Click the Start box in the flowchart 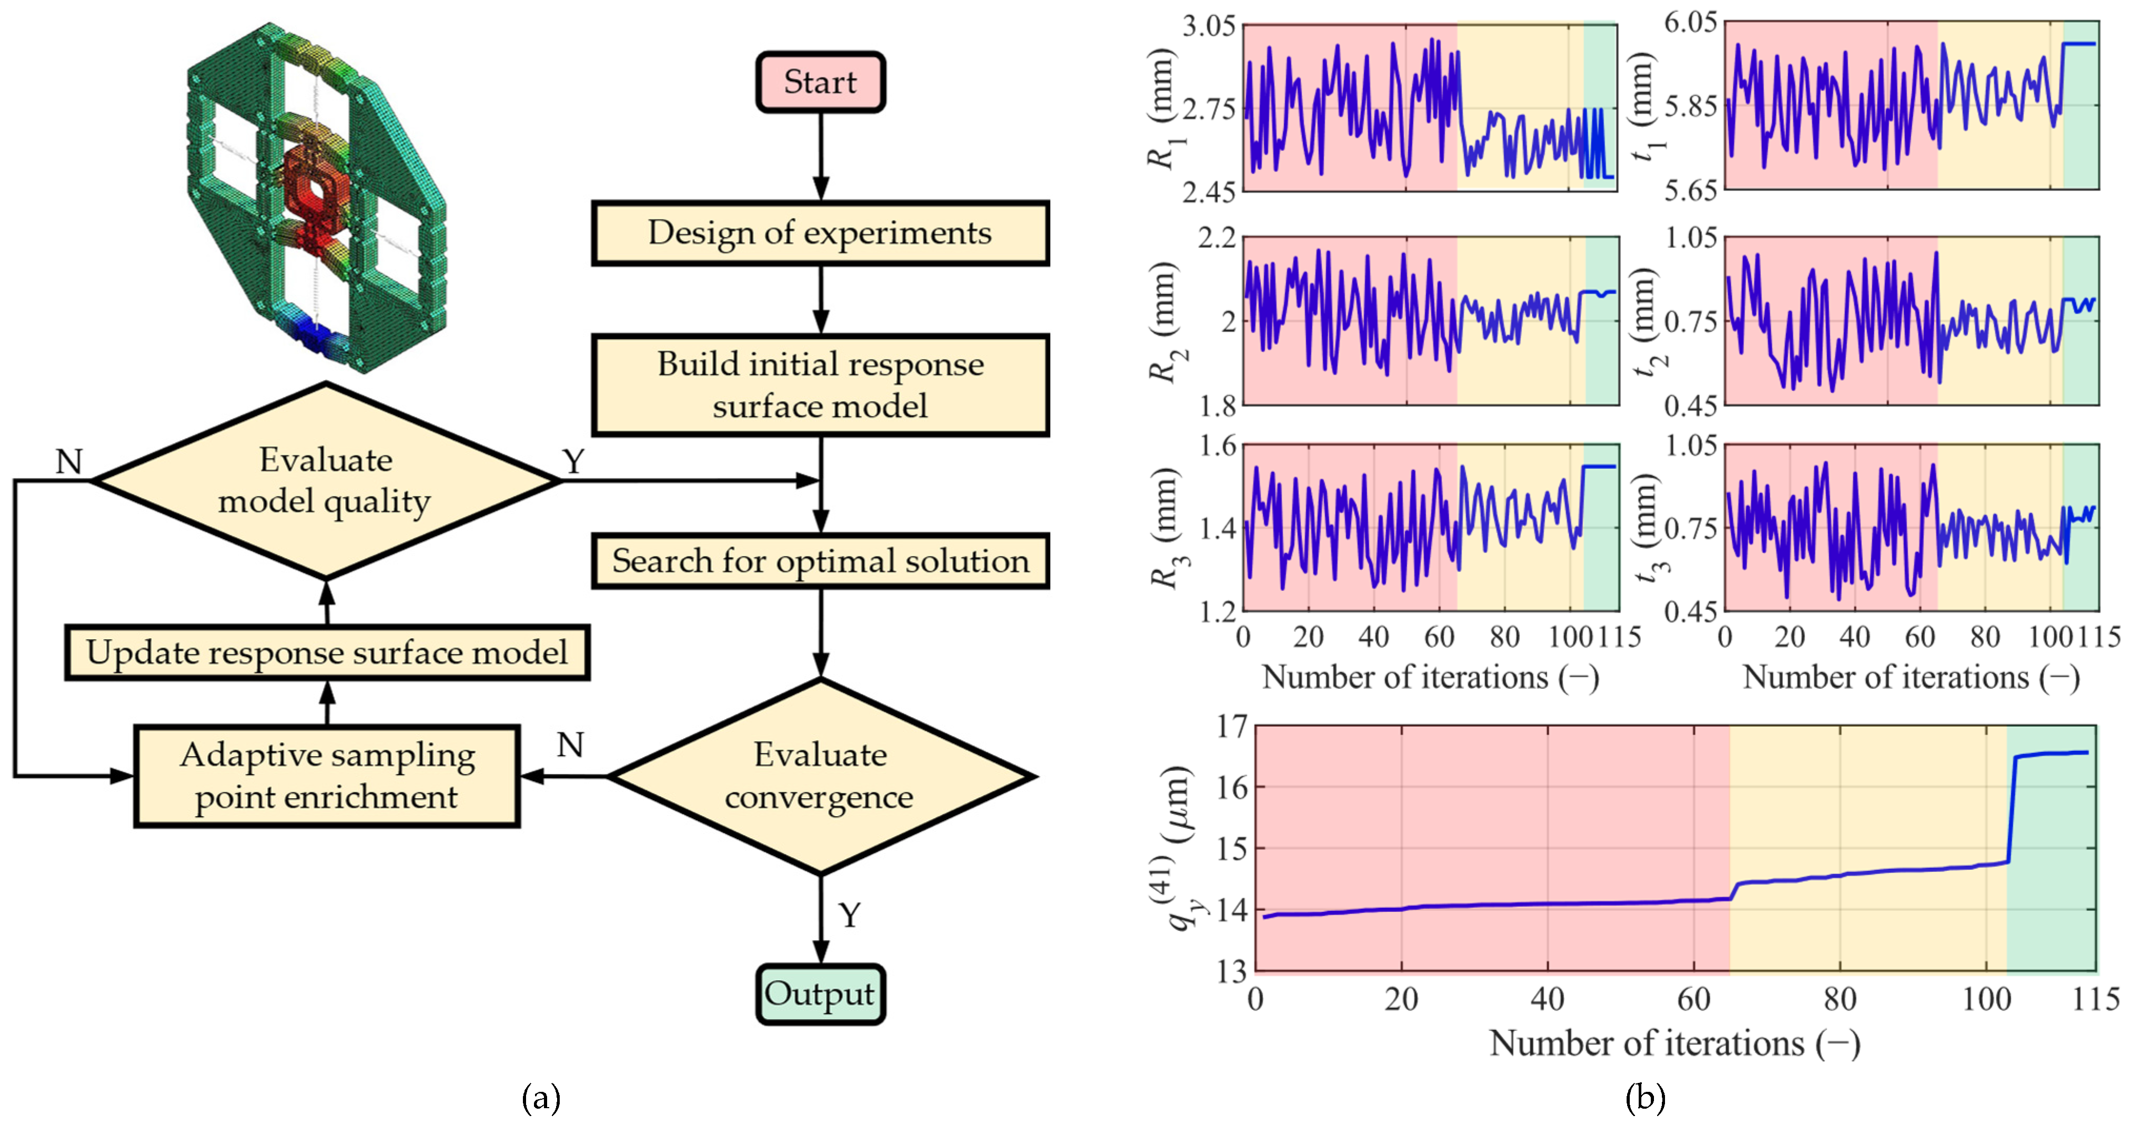(820, 82)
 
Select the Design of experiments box (820, 233)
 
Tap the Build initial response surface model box (820, 385)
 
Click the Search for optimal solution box (820, 561)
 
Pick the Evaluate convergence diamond (820, 776)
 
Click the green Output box (820, 995)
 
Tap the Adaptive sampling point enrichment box (327, 776)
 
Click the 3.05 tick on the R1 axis (1208, 26)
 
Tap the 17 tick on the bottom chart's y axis (1230, 727)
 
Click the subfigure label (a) (541, 1099)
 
